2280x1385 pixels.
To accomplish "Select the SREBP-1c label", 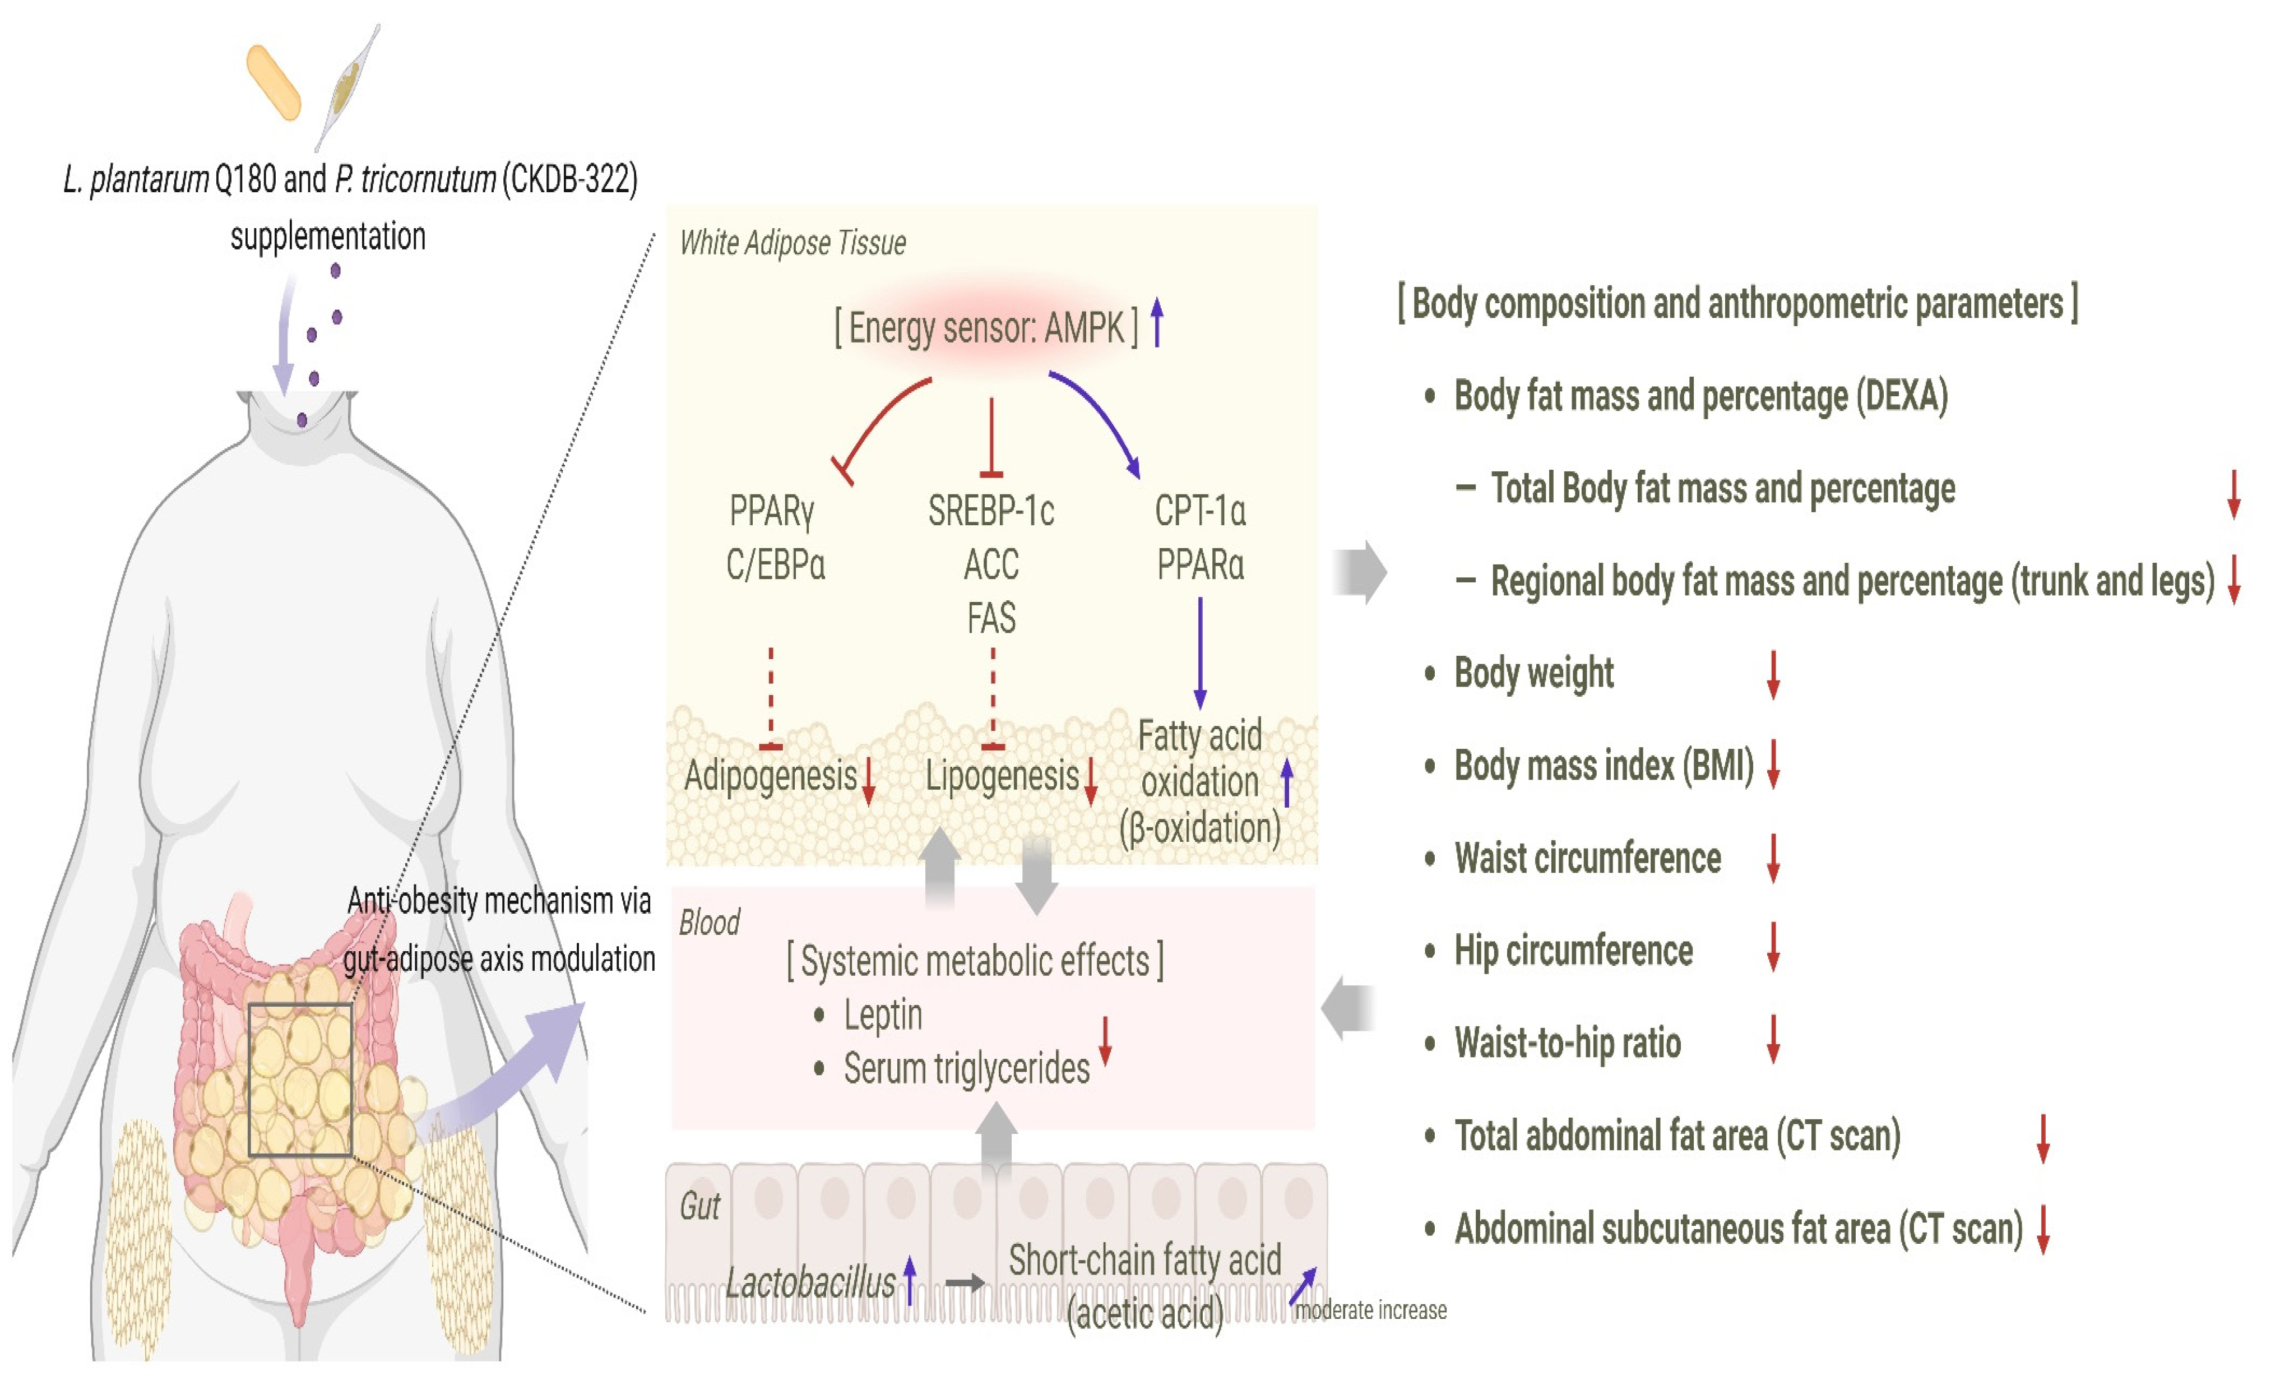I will (x=991, y=511).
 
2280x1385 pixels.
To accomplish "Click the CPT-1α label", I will (x=1200, y=511).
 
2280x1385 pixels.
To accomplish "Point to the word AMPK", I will (x=1083, y=327).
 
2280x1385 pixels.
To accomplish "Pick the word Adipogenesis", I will (x=771, y=775).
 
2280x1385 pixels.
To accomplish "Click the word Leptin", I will (x=883, y=1015).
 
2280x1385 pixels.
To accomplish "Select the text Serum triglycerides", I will (x=966, y=1068).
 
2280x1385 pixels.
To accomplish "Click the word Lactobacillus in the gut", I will (x=810, y=1283).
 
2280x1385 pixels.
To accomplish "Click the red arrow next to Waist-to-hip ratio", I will (x=1773, y=1039).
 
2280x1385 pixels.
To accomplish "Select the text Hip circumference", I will (x=1573, y=950).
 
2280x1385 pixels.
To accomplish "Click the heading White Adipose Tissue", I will (x=792, y=242).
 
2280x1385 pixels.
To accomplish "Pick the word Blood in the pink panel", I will (x=710, y=923).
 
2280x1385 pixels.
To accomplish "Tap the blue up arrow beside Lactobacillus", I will (x=910, y=1280).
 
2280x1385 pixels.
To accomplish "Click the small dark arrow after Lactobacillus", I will (x=964, y=1283).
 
